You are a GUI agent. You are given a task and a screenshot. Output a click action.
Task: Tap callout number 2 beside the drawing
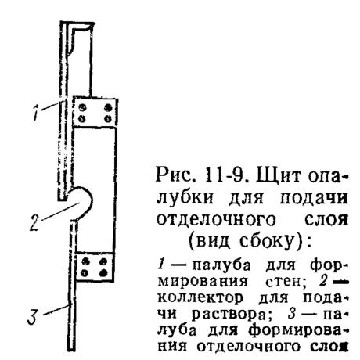pyautogui.click(x=35, y=223)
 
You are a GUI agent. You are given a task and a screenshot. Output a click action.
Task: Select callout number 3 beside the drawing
pyautogui.click(x=33, y=316)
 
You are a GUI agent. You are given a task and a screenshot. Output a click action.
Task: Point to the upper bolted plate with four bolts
pyautogui.click(x=95, y=113)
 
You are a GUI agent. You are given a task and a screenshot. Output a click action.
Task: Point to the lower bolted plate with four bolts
pyautogui.click(x=95, y=267)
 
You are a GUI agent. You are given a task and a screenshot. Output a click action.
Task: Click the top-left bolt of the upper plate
pyautogui.click(x=83, y=107)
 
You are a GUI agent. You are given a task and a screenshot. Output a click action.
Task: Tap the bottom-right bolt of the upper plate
pyautogui.click(x=108, y=119)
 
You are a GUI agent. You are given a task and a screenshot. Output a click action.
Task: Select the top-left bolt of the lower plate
pyautogui.click(x=85, y=261)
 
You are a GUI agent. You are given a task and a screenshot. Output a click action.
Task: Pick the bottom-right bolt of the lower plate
pyautogui.click(x=104, y=273)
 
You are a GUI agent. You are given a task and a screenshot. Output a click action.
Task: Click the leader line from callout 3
pyautogui.click(x=56, y=310)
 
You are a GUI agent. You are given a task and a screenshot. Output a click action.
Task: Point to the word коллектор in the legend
pyautogui.click(x=200, y=298)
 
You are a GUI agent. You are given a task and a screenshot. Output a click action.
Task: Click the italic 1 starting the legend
pyautogui.click(x=161, y=265)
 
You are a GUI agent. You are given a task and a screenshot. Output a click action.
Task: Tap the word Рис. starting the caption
pyautogui.click(x=174, y=175)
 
